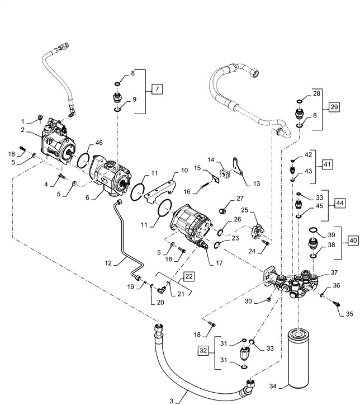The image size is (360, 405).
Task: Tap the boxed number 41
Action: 327,164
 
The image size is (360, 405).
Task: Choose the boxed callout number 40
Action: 352,240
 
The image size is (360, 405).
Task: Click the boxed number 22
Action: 189,276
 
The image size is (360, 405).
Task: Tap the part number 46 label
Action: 99,143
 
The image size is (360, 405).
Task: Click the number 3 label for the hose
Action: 172,400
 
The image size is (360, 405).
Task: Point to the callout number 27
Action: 240,198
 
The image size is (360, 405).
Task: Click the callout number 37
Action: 334,272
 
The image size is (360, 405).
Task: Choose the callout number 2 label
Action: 23,130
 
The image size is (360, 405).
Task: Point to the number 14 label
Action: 211,160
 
